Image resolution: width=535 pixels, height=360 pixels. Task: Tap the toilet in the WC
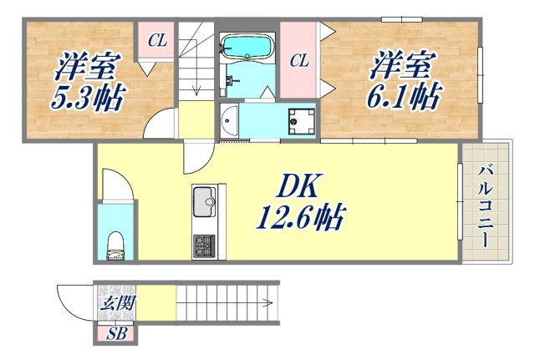pos(116,246)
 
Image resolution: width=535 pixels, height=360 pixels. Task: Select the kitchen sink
pos(204,200)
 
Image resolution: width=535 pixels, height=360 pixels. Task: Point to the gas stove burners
pos(204,246)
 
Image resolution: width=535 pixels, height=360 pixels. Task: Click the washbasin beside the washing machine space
pos(229,123)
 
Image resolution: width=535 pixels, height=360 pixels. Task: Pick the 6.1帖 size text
pos(403,99)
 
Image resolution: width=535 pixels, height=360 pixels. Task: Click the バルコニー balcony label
pos(484,205)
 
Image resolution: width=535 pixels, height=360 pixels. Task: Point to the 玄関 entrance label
pos(116,303)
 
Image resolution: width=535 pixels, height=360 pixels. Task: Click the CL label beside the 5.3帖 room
pos(156,39)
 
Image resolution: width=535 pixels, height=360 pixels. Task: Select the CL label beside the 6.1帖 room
pos(300,59)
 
